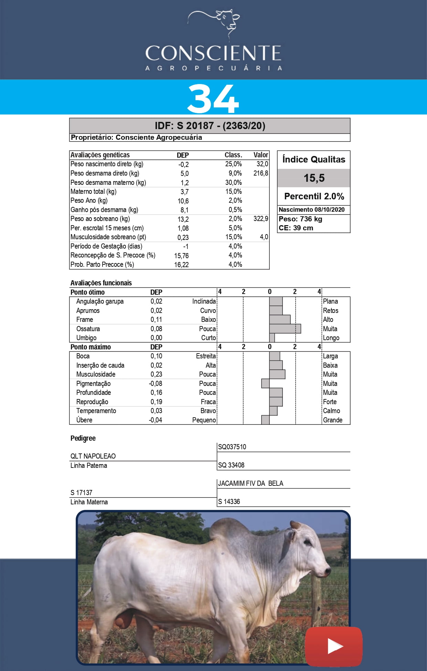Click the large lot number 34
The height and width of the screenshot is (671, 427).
(213, 99)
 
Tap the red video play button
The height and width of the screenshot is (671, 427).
(334, 646)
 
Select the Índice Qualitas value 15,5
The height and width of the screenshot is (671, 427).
(314, 178)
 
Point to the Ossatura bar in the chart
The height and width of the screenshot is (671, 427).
(285, 328)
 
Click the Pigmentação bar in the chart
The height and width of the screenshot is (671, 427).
(265, 383)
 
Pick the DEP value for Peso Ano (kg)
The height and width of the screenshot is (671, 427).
(183, 201)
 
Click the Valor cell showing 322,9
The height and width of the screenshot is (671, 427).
(261, 219)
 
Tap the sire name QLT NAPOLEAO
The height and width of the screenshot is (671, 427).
(93, 456)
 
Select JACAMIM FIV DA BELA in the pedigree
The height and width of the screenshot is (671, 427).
(250, 483)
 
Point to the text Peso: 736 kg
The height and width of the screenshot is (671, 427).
(300, 219)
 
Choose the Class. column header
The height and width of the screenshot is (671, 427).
(233, 155)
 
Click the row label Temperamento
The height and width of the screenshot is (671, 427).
(96, 411)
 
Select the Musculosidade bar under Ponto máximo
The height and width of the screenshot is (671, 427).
(277, 374)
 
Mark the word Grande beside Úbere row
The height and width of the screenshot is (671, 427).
(332, 420)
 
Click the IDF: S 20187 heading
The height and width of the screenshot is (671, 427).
(210, 126)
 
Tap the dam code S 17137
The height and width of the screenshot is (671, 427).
(81, 493)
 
